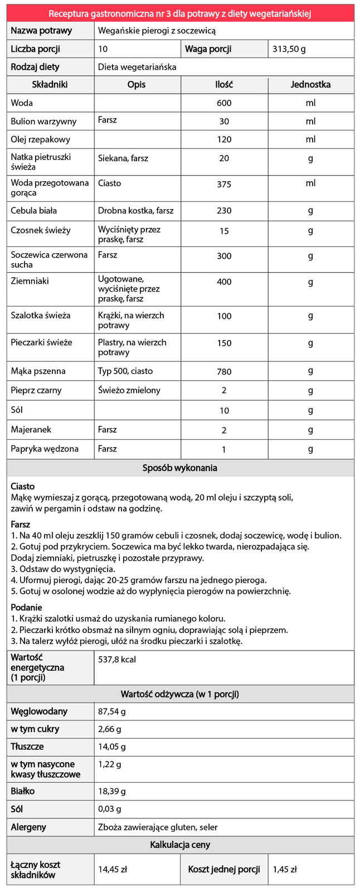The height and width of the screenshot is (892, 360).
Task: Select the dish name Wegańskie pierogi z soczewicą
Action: pyautogui.click(x=157, y=31)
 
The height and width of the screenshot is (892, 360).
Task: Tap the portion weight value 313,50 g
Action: pyautogui.click(x=289, y=49)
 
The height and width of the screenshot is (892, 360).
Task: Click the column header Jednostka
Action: pyautogui.click(x=310, y=85)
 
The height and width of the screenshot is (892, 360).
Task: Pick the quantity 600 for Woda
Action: pyautogui.click(x=224, y=103)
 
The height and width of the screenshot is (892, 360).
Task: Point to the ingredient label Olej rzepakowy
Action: pyautogui.click(x=41, y=139)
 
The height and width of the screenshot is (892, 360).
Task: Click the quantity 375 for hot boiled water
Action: pyautogui.click(x=224, y=185)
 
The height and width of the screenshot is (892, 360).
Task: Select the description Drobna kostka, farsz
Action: pyautogui.click(x=135, y=211)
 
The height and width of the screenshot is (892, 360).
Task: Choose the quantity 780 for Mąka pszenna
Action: pyautogui.click(x=224, y=372)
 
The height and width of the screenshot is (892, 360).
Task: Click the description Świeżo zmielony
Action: pyautogui.click(x=129, y=390)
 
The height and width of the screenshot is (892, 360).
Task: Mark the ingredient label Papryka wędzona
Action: pyautogui.click(x=45, y=449)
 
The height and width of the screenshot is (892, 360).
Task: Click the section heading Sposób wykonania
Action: pyautogui.click(x=179, y=468)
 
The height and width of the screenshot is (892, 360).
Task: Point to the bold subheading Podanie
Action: pyautogui.click(x=26, y=607)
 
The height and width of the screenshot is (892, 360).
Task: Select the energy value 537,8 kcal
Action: pyautogui.click(x=117, y=660)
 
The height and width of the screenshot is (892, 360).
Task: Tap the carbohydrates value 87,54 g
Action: pyautogui.click(x=112, y=711)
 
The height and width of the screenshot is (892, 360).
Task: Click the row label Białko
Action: pyautogui.click(x=23, y=791)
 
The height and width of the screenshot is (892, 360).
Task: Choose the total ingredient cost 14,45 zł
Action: pyautogui.click(x=113, y=869)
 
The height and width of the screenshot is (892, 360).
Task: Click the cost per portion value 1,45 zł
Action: pyautogui.click(x=285, y=869)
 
